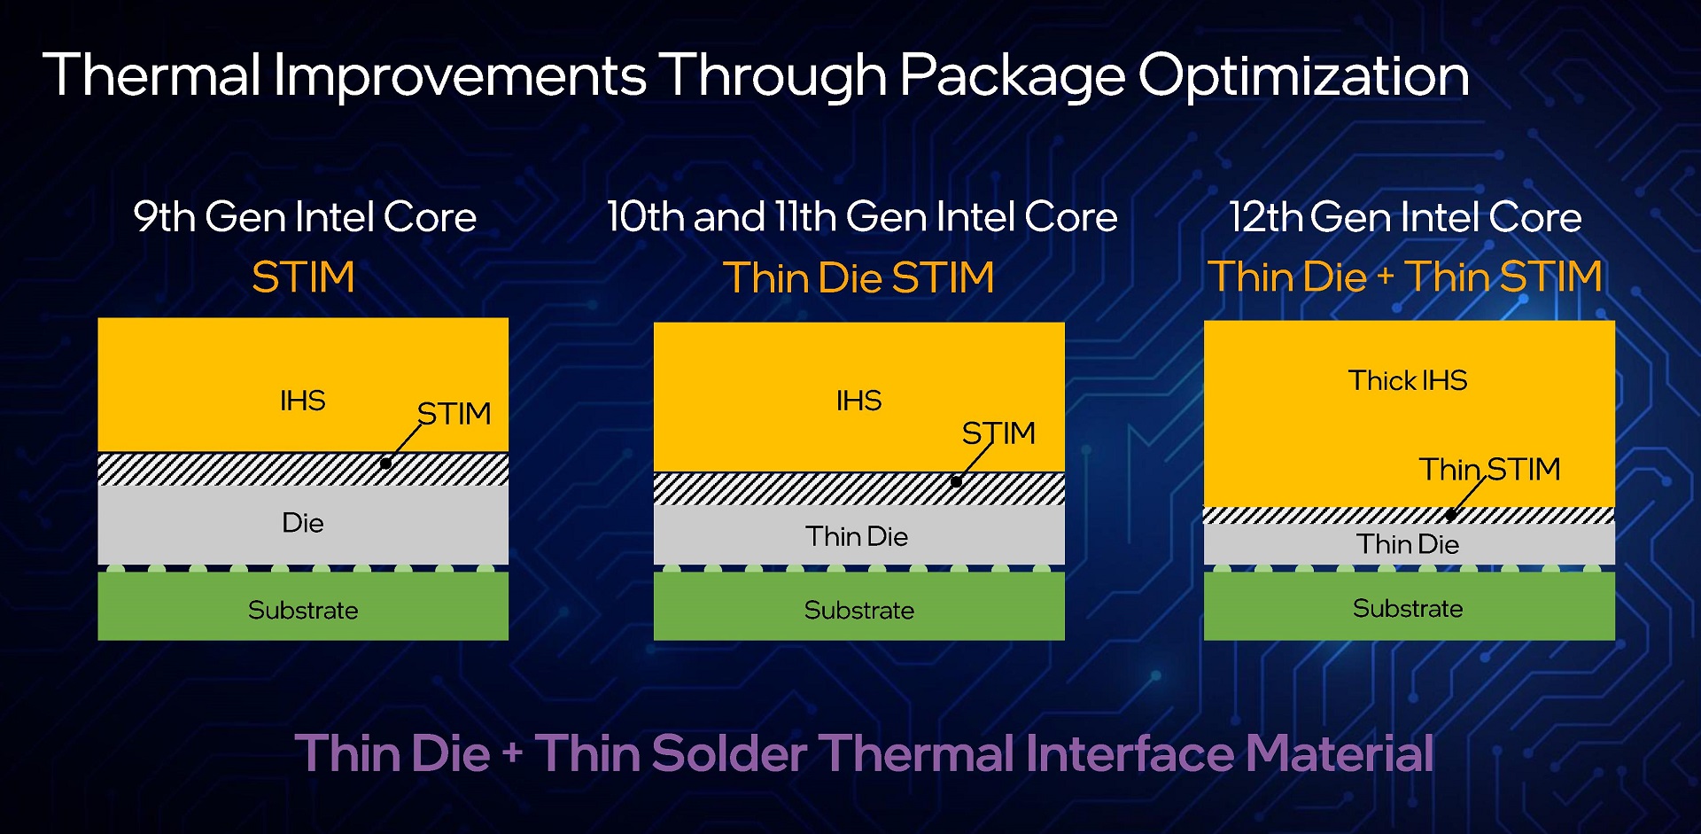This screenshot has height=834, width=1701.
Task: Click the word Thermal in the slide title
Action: point(151,74)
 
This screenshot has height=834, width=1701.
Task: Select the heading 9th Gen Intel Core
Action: point(305,217)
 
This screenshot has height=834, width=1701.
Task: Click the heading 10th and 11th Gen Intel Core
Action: point(862,217)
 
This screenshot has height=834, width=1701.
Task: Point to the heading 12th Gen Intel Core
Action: point(1405,217)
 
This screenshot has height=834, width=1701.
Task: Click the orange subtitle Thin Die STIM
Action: point(858,277)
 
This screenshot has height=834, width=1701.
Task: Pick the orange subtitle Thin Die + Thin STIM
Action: point(1405,277)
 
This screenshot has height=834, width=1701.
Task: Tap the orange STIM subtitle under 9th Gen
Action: point(303,277)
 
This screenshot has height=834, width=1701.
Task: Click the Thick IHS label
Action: point(1408,380)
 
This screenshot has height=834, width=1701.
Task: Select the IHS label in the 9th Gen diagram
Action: point(303,401)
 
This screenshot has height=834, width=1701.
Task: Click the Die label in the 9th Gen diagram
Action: point(303,523)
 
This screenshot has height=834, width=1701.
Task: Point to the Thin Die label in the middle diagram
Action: point(857,536)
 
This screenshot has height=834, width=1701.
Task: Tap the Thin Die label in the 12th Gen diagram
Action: point(1408,544)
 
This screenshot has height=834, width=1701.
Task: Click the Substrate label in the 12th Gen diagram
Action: point(1408,608)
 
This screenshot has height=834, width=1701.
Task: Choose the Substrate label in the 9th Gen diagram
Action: point(303,610)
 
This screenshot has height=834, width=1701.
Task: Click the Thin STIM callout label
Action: point(1489,469)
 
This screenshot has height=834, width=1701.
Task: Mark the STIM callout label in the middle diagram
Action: point(998,433)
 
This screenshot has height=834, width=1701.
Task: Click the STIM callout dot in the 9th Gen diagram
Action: point(385,463)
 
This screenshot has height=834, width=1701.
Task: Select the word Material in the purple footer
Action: point(1340,753)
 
